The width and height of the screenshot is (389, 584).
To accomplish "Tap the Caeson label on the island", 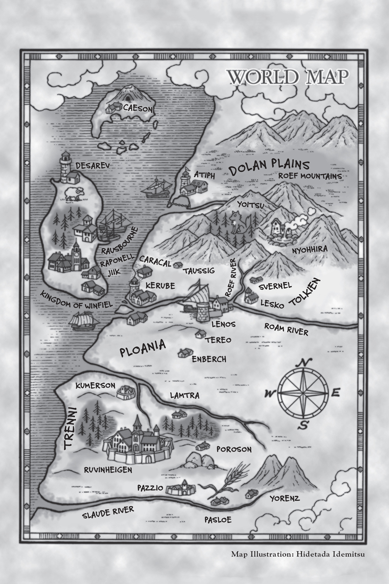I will tap(137, 109).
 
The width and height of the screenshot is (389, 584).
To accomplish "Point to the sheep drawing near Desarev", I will tap(74, 194).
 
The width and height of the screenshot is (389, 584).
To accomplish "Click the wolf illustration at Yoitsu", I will tap(236, 223).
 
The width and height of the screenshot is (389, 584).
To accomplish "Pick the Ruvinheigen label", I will tap(108, 469).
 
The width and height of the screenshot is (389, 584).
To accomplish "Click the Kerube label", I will tap(160, 286).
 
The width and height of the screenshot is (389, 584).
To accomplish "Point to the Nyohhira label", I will tap(310, 249).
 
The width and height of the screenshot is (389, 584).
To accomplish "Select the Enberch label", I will tap(209, 359).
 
